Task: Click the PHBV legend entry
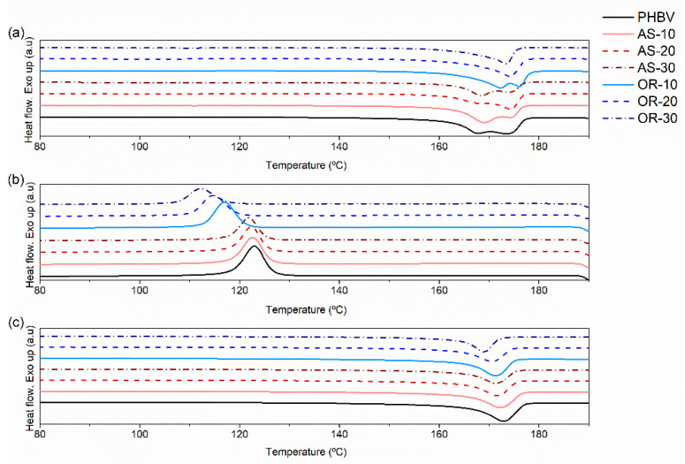pyautogui.click(x=656, y=17)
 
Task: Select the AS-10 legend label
pyautogui.click(x=656, y=34)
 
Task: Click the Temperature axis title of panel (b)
pyautogui.click(x=305, y=310)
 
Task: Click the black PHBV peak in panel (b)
pyautogui.click(x=255, y=247)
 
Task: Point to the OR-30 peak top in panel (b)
pyautogui.click(x=201, y=188)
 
